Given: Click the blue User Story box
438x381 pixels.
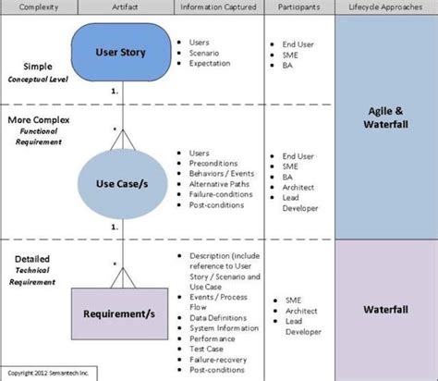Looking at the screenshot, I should (120, 52).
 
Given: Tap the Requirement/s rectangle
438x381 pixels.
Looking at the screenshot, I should (120, 314).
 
